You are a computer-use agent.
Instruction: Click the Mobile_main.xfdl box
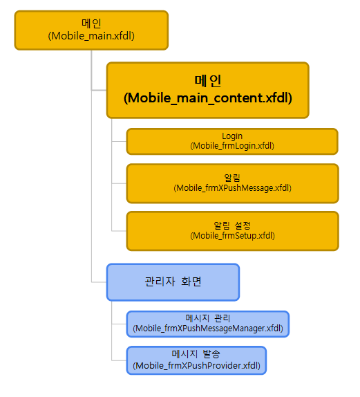(x=91, y=30)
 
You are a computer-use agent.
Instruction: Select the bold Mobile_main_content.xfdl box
(x=208, y=90)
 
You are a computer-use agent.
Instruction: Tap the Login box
(x=232, y=142)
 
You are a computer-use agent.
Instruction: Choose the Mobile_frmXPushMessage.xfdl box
(x=232, y=183)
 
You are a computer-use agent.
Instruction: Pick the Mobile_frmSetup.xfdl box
(x=232, y=231)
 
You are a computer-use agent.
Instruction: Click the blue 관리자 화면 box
(x=173, y=282)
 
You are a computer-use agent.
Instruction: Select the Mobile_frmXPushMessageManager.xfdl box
(x=208, y=324)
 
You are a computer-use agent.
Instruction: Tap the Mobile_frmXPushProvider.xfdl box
(x=196, y=360)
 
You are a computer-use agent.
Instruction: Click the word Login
(x=232, y=136)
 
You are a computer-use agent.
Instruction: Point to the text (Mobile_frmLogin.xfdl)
(x=232, y=146)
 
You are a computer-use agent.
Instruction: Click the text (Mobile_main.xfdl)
(x=91, y=36)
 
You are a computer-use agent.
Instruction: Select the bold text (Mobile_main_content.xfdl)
(x=208, y=98)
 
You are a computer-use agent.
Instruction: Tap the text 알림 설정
(x=232, y=225)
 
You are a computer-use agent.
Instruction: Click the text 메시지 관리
(x=208, y=318)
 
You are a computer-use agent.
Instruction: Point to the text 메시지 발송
(x=196, y=354)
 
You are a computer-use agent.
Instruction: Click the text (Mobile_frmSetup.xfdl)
(x=232, y=236)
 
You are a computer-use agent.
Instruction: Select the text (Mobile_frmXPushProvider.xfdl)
(x=196, y=366)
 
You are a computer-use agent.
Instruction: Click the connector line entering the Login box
(x=119, y=141)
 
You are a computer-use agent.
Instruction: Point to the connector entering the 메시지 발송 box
(x=119, y=360)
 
